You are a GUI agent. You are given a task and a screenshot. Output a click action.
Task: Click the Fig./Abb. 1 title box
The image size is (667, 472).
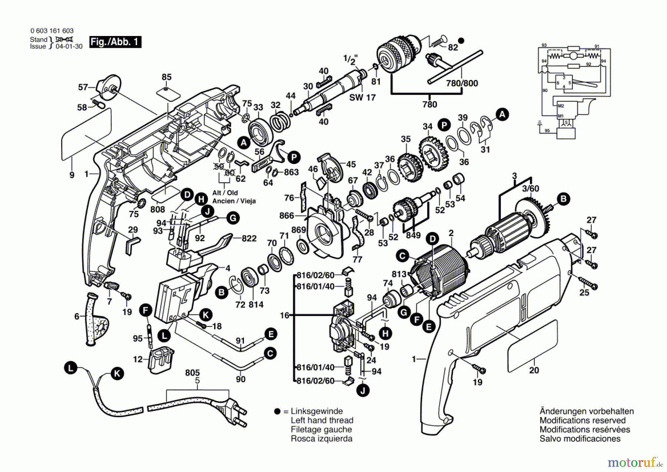pos(115,42)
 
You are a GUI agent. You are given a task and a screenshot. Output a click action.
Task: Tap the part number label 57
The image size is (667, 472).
pos(83,87)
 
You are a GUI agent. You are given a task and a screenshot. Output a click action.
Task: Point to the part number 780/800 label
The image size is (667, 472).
pos(462,83)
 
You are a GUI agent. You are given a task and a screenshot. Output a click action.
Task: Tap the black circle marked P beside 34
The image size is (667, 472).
pos(444,125)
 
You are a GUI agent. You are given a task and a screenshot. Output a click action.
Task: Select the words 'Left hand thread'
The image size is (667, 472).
pos(322,420)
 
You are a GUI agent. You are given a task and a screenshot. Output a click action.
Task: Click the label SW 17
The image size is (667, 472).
pos(362,98)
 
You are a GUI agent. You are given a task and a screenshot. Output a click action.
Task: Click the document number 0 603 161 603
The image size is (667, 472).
pos(52,31)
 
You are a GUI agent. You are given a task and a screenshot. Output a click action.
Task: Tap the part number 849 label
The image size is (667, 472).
pos(413,235)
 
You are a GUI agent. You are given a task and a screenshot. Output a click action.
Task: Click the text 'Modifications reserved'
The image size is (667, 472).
pos(582,420)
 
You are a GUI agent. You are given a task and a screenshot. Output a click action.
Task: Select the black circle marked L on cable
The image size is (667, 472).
pos(70,368)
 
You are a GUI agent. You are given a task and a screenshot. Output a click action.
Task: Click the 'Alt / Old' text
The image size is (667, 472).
pos(225,193)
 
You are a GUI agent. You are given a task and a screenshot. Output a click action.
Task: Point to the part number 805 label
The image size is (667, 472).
pos(192,373)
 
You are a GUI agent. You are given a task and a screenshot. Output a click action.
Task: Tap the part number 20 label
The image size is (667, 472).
pos(534,370)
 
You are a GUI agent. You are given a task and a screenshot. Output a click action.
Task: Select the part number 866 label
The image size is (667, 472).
pos(286,216)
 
